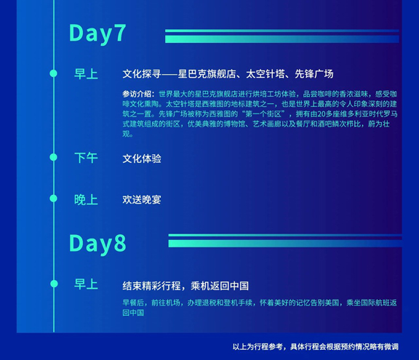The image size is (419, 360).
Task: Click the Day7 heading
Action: tap(97, 33)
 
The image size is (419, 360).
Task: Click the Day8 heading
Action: tap(97, 244)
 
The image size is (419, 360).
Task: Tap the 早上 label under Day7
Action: tap(86, 74)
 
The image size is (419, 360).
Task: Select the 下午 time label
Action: tap(86, 158)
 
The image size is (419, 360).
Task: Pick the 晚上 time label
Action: tap(86, 199)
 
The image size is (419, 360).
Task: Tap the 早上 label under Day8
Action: tap(86, 284)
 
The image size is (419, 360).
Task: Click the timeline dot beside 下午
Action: tap(53, 157)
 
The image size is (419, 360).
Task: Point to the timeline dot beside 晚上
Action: tap(53, 199)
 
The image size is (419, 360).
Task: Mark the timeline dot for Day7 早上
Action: tap(53, 73)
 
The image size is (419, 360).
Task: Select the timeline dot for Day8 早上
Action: tap(54, 284)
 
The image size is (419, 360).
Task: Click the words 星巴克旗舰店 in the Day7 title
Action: tap(207, 74)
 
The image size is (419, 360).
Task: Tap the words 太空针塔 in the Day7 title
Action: tap(266, 74)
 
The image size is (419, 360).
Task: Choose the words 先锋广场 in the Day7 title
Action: tap(314, 74)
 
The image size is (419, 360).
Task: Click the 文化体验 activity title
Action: tap(142, 159)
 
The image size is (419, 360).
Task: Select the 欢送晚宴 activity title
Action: tap(142, 200)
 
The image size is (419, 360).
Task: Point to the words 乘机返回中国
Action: tap(220, 286)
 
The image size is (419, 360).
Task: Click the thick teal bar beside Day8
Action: tap(285, 244)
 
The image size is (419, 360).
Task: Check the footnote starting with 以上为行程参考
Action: tap(316, 347)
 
